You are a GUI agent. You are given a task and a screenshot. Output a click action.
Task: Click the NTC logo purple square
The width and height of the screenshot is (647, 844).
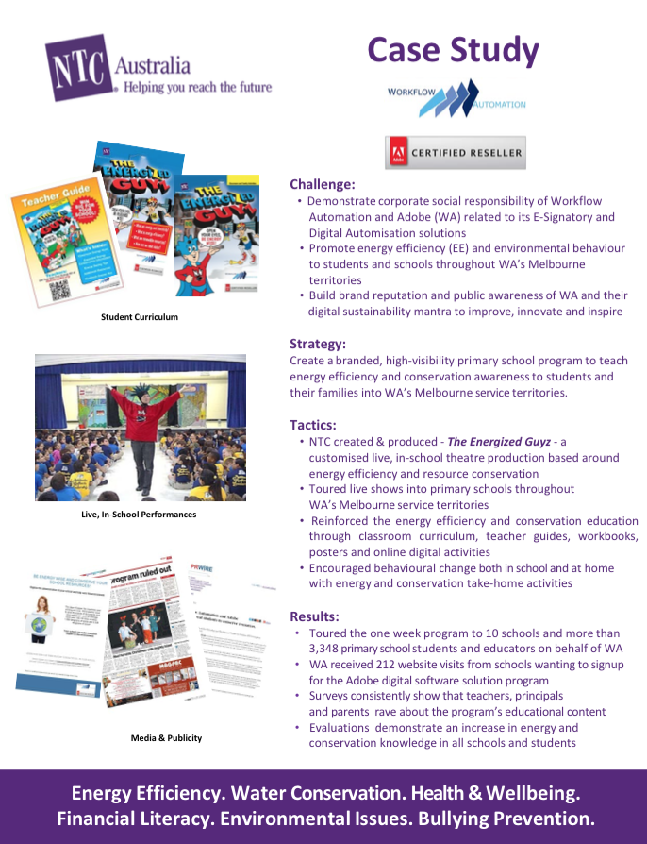[79, 67]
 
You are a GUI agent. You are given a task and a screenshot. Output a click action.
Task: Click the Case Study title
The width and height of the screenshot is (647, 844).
[453, 50]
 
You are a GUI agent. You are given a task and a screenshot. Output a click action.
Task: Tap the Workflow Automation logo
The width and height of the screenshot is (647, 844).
[456, 98]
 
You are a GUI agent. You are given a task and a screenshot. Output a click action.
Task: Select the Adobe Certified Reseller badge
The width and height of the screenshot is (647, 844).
[455, 152]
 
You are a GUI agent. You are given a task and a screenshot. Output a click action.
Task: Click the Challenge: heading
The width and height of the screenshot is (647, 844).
[323, 184]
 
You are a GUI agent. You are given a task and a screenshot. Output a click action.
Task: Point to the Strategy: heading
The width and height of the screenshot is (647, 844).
[318, 344]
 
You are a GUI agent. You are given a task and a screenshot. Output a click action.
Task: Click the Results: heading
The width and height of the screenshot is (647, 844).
[314, 616]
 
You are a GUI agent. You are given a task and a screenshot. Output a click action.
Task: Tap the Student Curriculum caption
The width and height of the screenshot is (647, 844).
[140, 317]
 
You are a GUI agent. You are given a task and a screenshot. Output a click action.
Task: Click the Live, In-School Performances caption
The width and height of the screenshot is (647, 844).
[139, 515]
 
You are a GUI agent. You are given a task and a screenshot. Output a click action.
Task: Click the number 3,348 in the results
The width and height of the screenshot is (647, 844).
[330, 649]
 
